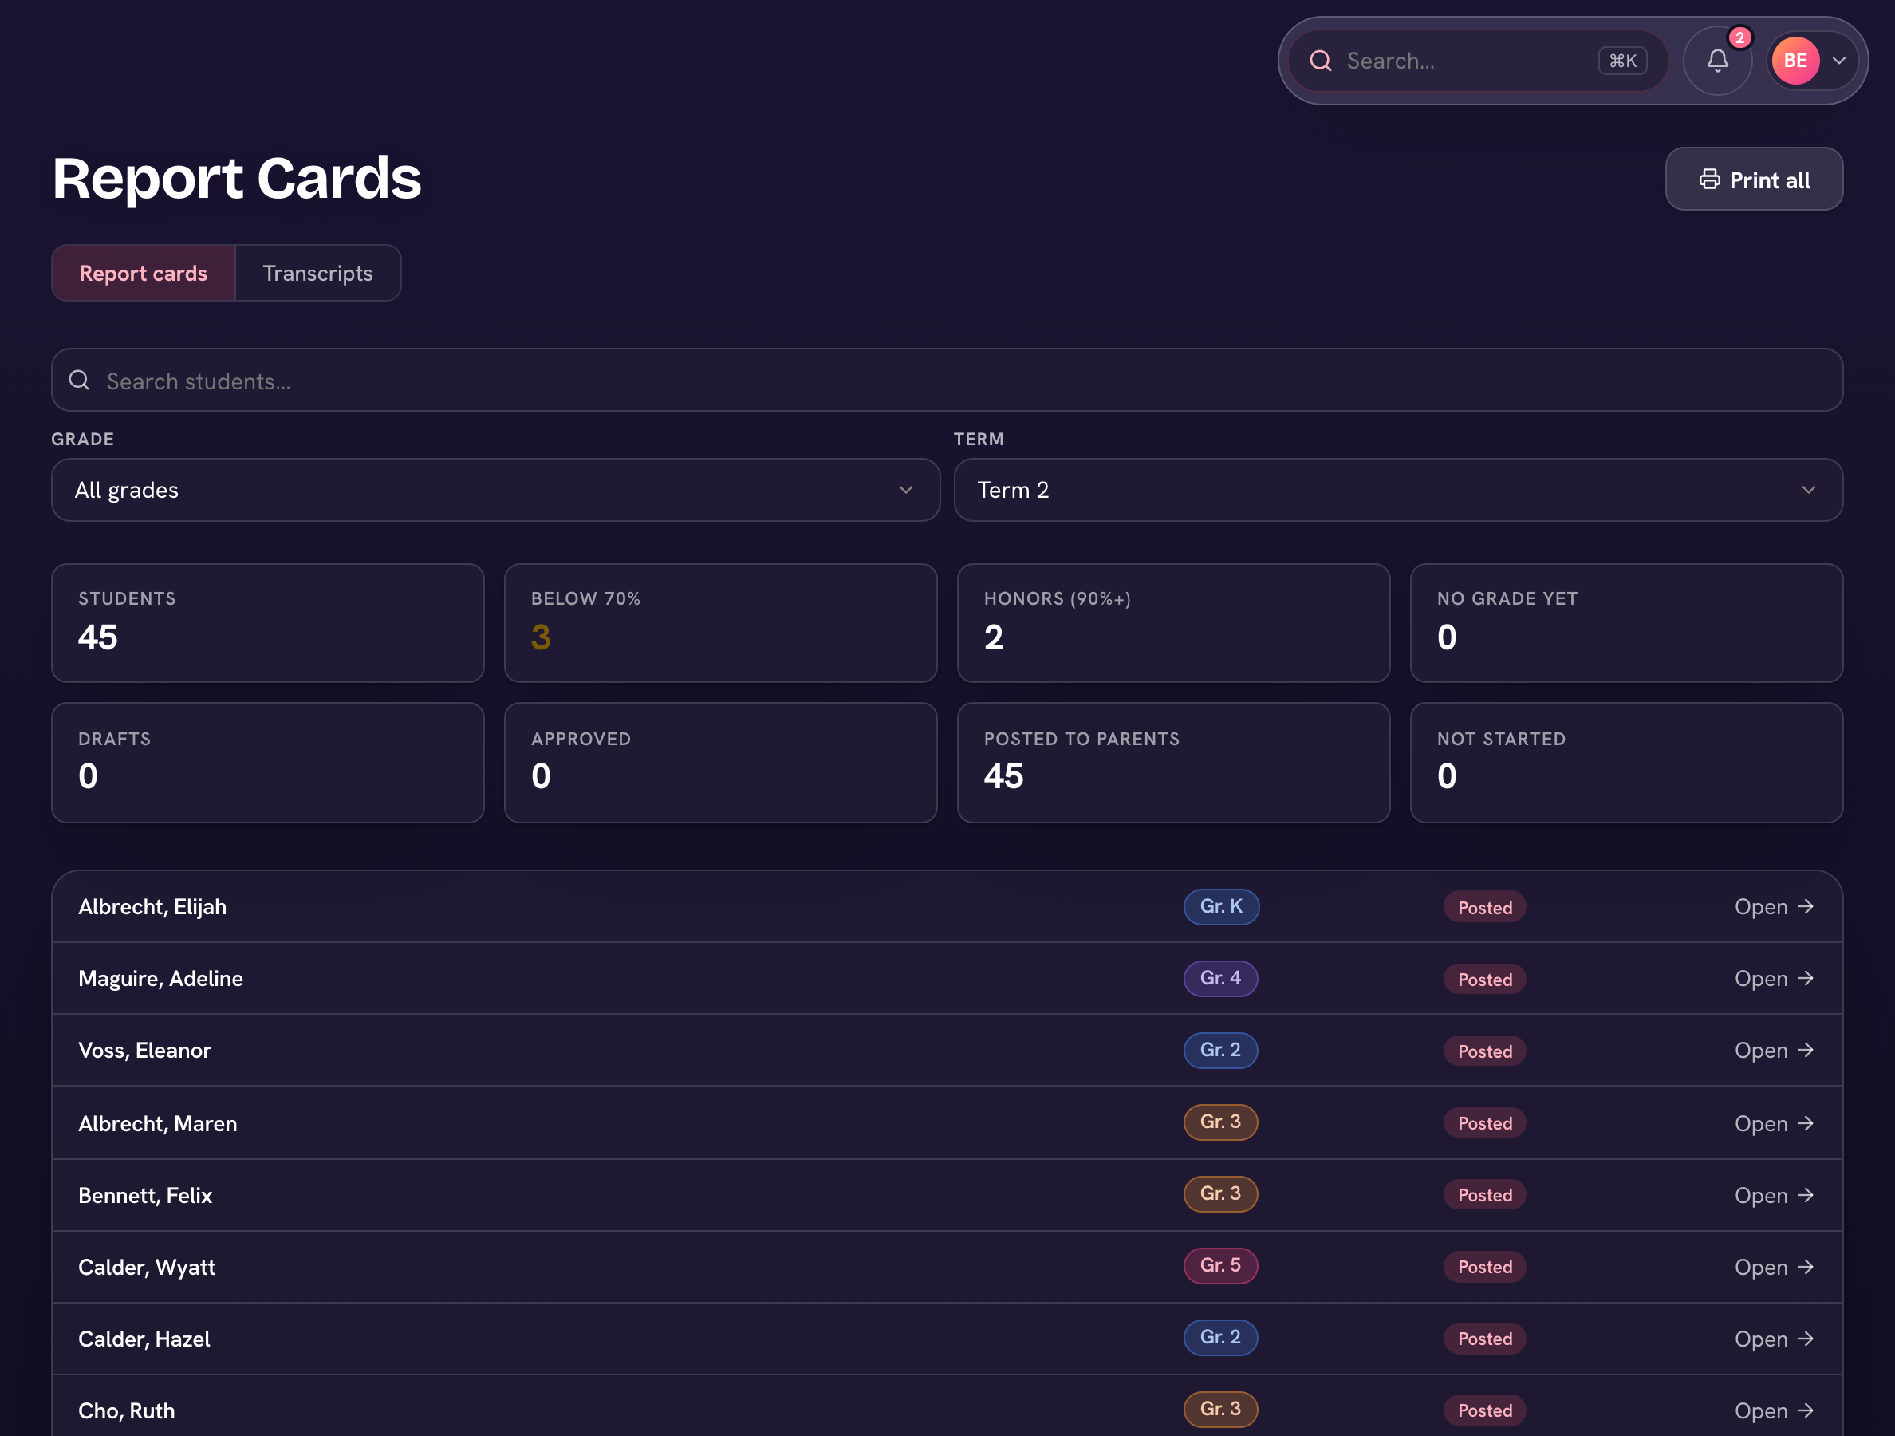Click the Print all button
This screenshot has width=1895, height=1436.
pos(1754,179)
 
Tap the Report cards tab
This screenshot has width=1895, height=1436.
pos(143,274)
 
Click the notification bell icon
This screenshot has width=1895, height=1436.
pos(1717,61)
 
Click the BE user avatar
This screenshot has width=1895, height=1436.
pos(1795,61)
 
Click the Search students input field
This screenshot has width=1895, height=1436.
pos(947,381)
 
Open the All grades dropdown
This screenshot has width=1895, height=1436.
pos(495,490)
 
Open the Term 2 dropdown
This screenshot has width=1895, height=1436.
pos(1398,490)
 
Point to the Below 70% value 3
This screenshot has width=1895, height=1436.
pos(541,637)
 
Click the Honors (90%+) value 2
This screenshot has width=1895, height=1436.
pos(994,637)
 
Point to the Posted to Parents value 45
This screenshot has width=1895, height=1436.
pos(1003,776)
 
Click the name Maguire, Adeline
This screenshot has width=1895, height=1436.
pos(160,978)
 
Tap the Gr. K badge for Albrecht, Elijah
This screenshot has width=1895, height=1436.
pos(1221,906)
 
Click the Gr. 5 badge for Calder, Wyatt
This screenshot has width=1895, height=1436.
pos(1220,1265)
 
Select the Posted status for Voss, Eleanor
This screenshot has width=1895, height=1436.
pos(1484,1051)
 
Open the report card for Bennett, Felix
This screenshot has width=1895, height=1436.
pos(1773,1195)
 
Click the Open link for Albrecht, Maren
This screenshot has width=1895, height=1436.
pos(1773,1123)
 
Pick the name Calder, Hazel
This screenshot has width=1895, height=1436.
pos(144,1339)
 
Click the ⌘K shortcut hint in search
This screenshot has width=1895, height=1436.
pos(1621,61)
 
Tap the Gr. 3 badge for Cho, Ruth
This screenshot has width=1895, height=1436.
pos(1220,1410)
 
